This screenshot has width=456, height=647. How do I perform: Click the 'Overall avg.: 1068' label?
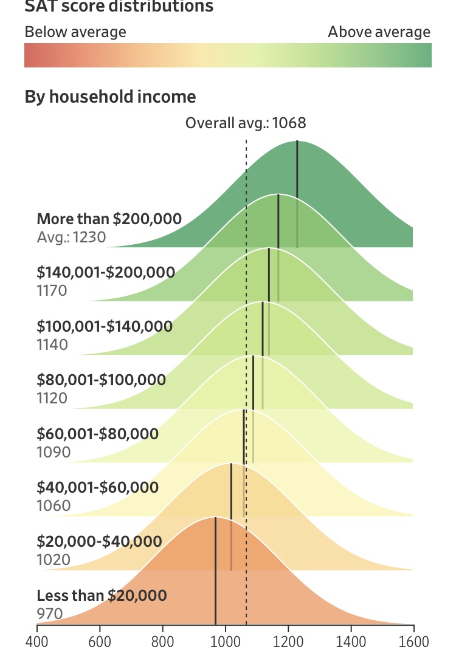click(246, 123)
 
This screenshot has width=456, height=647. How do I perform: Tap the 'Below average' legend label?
click(75, 32)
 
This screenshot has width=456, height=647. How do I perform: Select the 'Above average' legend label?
click(379, 32)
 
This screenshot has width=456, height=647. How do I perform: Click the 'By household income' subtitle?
click(110, 97)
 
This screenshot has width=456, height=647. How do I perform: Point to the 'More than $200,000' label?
click(109, 219)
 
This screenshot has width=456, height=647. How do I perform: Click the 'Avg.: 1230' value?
click(72, 238)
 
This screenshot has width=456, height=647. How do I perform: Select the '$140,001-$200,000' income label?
click(106, 272)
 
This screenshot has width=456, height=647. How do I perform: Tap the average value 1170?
click(52, 291)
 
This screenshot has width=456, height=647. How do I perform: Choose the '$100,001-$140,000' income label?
click(105, 326)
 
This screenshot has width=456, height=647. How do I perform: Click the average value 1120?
click(52, 398)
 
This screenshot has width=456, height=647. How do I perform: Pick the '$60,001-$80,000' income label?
click(97, 434)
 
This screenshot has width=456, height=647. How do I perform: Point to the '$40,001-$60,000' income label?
click(97, 487)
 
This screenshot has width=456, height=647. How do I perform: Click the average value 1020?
click(54, 560)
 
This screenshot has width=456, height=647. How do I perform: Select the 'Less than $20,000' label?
click(102, 595)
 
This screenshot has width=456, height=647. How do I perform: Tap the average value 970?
click(50, 614)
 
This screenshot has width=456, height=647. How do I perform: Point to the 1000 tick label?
click(226, 641)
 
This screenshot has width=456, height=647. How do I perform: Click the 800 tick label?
click(162, 641)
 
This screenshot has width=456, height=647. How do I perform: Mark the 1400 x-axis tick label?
click(351, 641)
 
